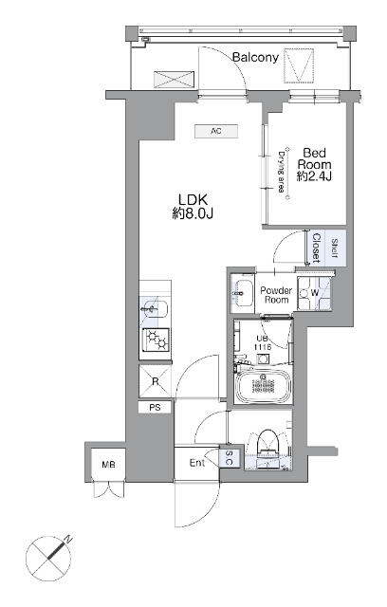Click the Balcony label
[x=255, y=58]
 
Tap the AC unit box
[x=216, y=131]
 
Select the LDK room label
[x=193, y=207]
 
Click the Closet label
[x=316, y=248]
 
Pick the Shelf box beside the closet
[x=335, y=248]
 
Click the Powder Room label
[x=276, y=295]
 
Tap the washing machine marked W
[x=314, y=293]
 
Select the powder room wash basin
[x=242, y=293]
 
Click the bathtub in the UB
[x=263, y=386]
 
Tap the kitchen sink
[x=155, y=308]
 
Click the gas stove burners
[x=156, y=340]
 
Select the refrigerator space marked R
[x=155, y=381]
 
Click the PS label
[x=155, y=407]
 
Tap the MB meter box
[x=108, y=464]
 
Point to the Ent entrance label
[x=197, y=463]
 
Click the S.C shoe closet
[x=229, y=458]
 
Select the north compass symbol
[x=49, y=559]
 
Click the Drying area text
[x=282, y=173]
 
